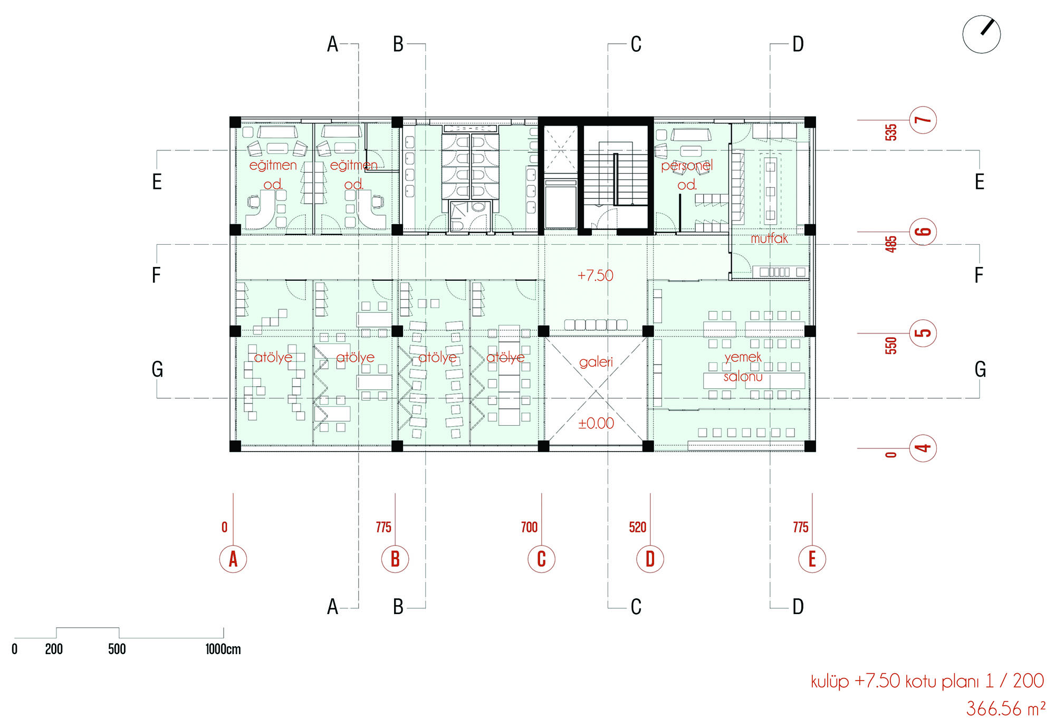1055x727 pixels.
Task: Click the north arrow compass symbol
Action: point(981,34)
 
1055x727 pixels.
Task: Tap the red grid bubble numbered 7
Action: point(923,120)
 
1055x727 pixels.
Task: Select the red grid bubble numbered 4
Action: point(923,448)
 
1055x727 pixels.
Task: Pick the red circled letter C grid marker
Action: point(541,559)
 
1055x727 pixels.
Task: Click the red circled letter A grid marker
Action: point(233,559)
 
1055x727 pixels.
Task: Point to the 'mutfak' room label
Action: point(769,238)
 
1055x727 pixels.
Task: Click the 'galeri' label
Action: point(596,362)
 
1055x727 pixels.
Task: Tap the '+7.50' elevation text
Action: point(596,275)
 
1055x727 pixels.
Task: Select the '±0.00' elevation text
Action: point(596,423)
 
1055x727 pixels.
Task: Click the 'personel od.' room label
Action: point(687,175)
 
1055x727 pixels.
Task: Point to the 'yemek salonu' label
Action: point(743,367)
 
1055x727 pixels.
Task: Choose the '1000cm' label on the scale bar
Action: point(223,649)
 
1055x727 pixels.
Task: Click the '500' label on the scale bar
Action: point(117,649)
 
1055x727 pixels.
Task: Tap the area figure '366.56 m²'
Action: point(1005,709)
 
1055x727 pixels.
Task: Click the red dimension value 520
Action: point(638,527)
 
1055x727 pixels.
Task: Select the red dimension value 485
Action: point(891,244)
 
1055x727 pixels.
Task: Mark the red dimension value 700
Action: point(529,527)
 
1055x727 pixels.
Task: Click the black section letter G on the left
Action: point(157,369)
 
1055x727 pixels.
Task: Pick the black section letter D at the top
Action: point(798,44)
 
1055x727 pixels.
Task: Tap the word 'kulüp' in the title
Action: point(830,682)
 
